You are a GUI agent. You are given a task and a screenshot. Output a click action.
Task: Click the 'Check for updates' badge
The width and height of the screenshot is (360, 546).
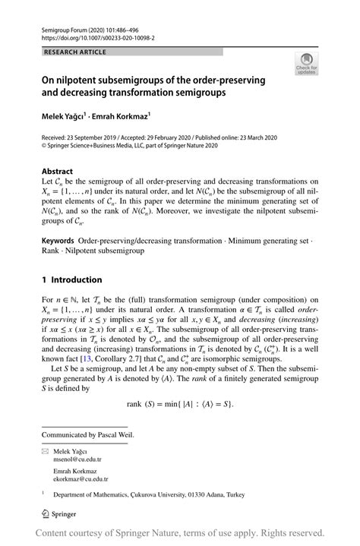click(308, 64)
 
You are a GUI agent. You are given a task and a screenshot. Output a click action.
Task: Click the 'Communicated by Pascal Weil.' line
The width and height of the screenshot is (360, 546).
click(87, 435)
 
